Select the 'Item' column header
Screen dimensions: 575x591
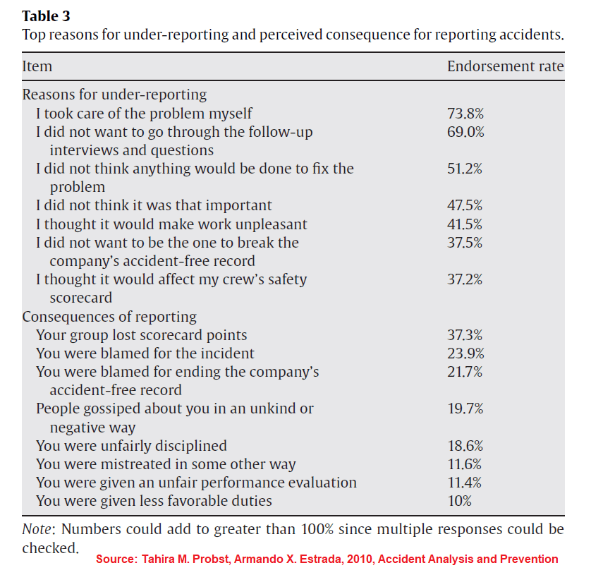(37, 66)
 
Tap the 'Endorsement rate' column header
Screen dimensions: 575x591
(505, 66)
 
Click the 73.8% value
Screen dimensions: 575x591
(465, 114)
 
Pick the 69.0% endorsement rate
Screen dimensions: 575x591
(465, 132)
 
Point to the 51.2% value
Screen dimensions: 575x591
(465, 169)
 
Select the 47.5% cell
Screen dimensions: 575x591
(465, 206)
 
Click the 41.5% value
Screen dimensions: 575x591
(465, 224)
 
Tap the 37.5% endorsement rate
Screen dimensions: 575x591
(465, 243)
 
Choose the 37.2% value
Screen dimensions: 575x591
(465, 279)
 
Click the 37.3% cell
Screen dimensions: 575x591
(465, 335)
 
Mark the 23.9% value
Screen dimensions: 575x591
(465, 353)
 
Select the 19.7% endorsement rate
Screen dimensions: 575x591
(465, 408)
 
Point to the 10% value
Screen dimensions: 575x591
(460, 501)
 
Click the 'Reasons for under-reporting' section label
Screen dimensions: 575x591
(114, 95)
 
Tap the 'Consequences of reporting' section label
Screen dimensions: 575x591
(109, 317)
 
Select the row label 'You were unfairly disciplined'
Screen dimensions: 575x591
(131, 446)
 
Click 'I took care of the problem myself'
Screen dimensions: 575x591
(144, 114)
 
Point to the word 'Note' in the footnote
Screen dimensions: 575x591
(37, 528)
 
